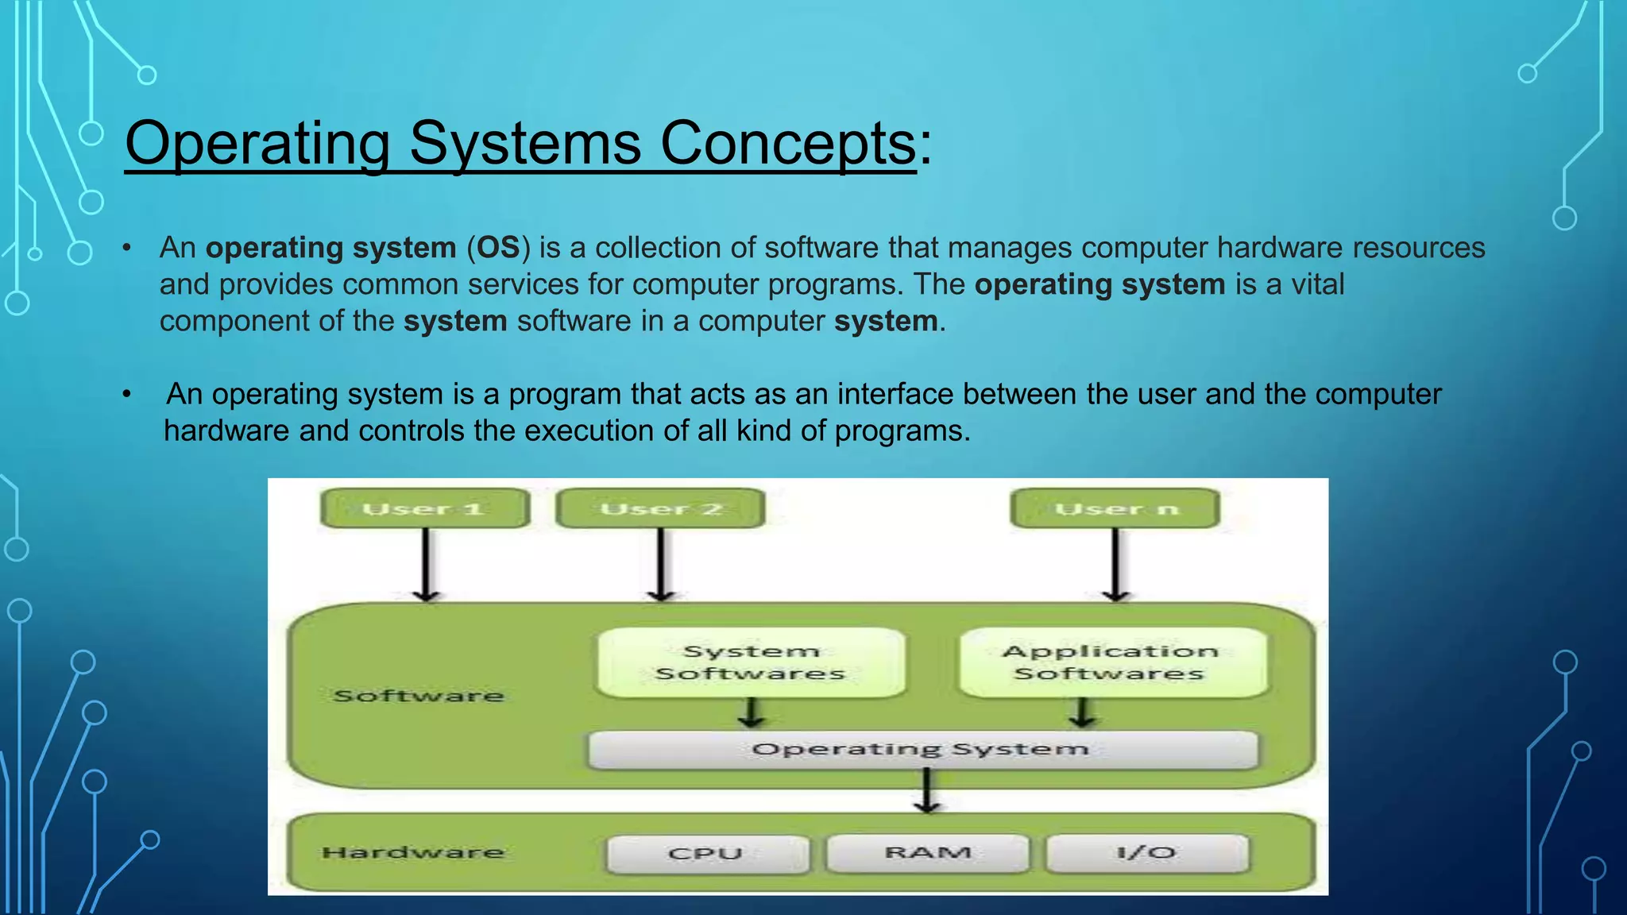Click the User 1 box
point(425,508)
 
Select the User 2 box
point(660,508)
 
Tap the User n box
point(1115,508)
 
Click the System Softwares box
point(751,662)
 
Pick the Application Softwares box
point(1111,662)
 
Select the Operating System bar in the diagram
point(922,750)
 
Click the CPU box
point(706,854)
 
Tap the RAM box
point(927,853)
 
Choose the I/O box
point(1146,853)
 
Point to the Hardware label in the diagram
point(413,853)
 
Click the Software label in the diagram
point(419,697)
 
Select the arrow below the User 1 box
point(427,564)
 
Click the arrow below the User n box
point(1115,564)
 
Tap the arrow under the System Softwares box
point(751,712)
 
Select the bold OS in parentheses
point(498,248)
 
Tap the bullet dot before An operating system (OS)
point(126,249)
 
